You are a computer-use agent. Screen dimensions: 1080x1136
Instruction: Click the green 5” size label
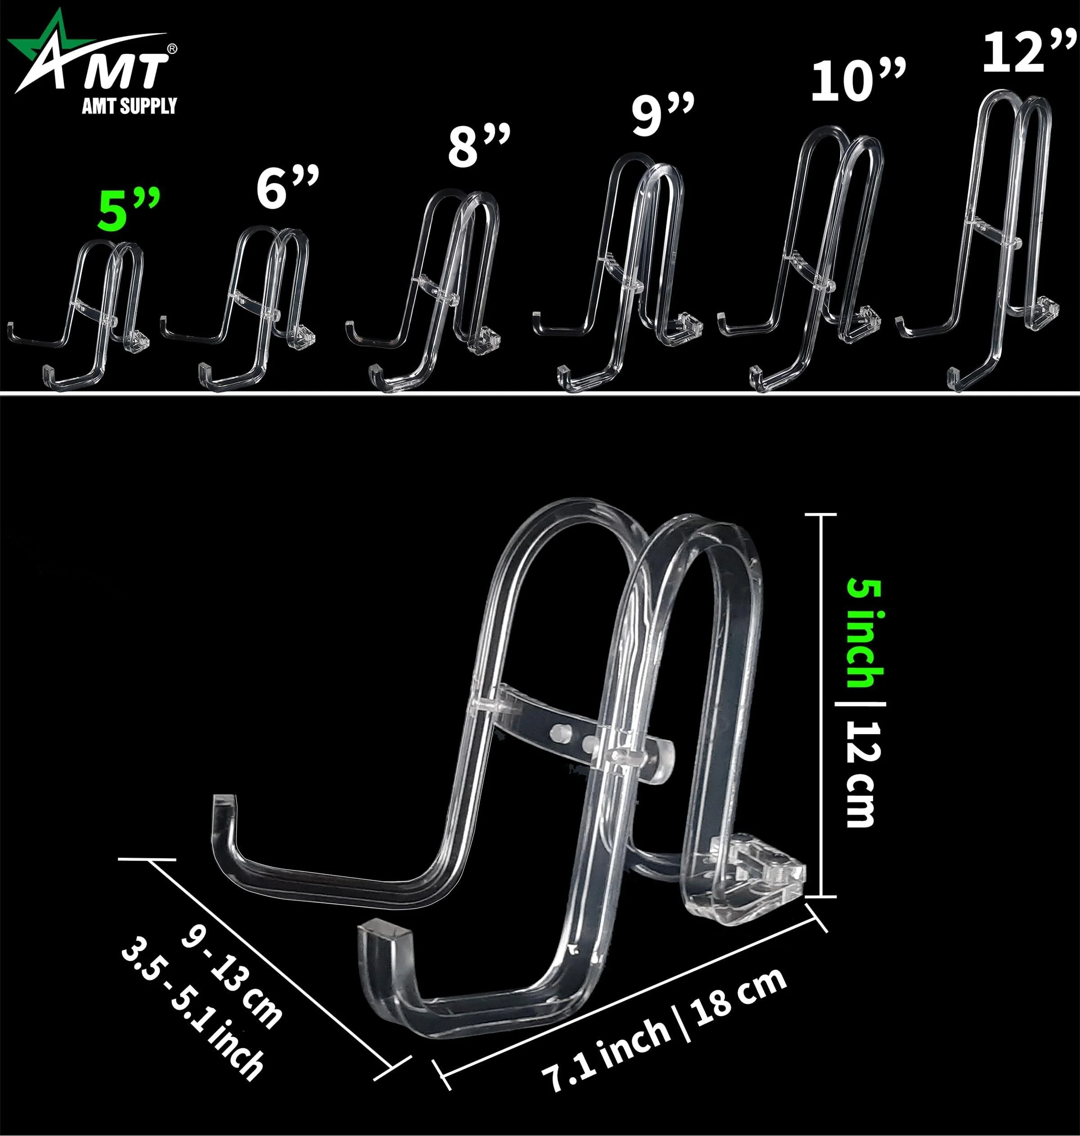tap(128, 210)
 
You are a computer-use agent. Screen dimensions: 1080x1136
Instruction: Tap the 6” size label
tap(287, 188)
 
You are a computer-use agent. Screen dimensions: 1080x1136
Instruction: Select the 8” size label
tap(479, 146)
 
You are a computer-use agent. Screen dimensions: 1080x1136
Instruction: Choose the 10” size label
tap(858, 80)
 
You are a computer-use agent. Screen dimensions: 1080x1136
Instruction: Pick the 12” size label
tap(1029, 51)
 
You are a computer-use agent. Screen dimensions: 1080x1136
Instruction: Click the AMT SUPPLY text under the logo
tap(130, 106)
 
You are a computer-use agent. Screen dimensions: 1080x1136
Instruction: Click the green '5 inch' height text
tap(864, 633)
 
